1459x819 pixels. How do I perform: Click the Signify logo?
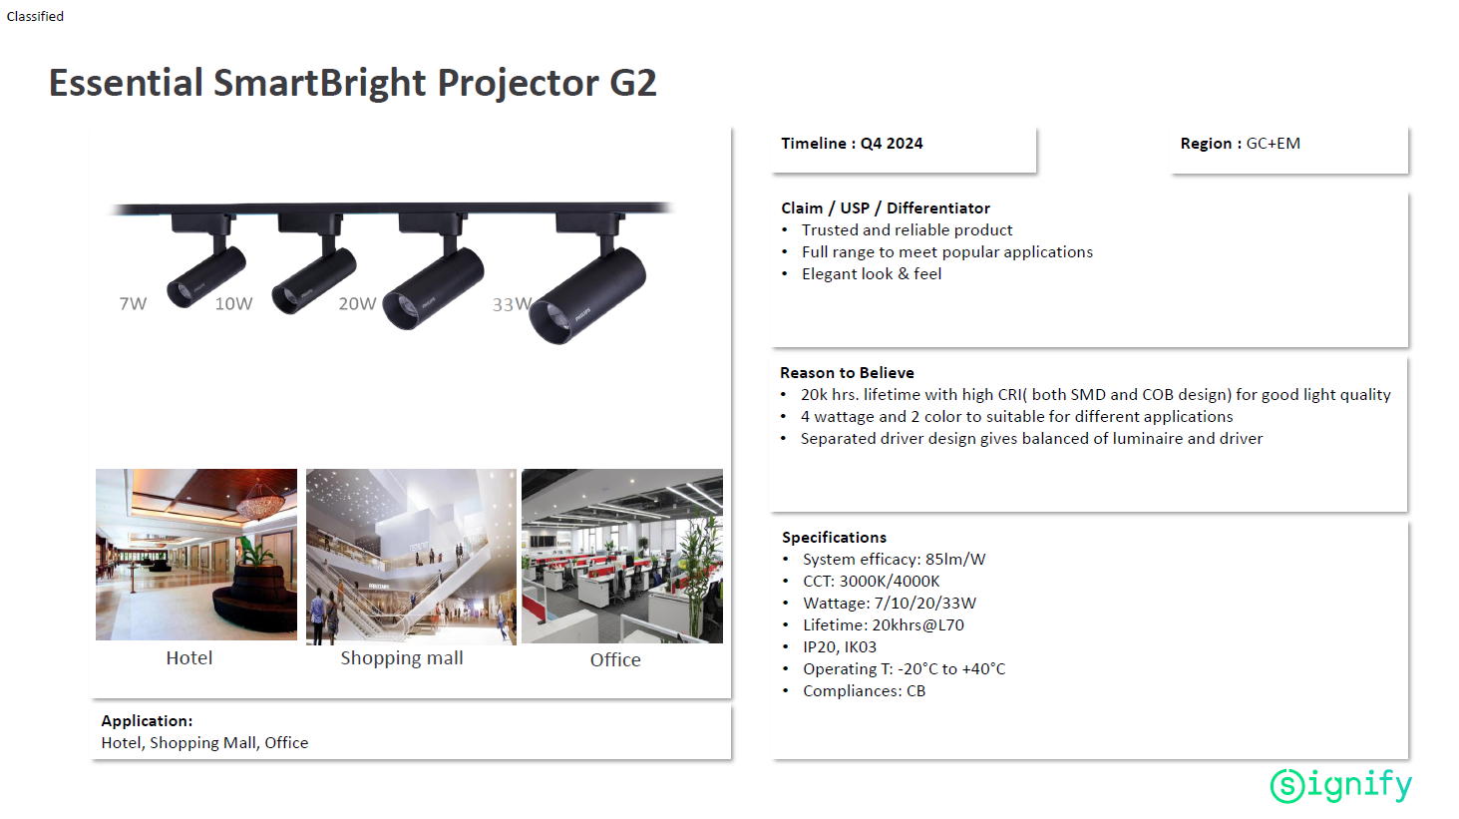1340,785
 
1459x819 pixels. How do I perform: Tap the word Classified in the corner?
35,16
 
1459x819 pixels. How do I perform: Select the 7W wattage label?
133,303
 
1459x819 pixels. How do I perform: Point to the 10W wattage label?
233,303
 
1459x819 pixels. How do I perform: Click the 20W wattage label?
358,303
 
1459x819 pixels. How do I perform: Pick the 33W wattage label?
513,304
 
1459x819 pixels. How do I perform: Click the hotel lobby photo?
196,555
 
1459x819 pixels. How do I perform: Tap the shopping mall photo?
411,557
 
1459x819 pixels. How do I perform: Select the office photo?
622,556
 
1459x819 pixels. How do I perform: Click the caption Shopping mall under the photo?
402,658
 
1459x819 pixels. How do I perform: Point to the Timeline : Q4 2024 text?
852,144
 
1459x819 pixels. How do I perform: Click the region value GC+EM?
1273,144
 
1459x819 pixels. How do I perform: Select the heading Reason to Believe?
847,373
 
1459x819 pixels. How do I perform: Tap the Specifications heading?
835,538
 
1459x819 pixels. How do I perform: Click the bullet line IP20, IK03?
840,647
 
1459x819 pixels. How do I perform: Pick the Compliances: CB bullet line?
864,690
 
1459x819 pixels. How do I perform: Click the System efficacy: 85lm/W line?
894,559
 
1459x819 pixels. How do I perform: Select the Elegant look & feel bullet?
872,273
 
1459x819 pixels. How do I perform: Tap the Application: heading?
147,721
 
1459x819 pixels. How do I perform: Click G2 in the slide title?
632,84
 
